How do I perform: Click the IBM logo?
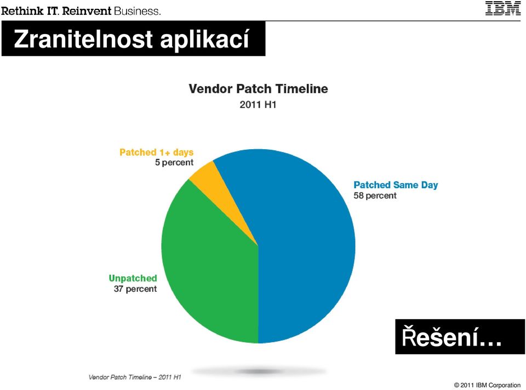(x=503, y=8)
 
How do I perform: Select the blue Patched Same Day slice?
(x=302, y=245)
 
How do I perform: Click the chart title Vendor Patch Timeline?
(x=258, y=89)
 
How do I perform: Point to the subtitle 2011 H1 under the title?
(x=258, y=105)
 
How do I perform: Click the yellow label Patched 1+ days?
(x=156, y=152)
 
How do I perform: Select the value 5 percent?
(x=174, y=162)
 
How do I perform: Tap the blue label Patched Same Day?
(x=396, y=185)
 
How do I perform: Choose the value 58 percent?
(x=375, y=195)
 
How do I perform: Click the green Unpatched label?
(x=133, y=279)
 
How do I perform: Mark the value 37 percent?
(x=135, y=289)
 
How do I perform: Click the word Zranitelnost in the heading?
(x=83, y=39)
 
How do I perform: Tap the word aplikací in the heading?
(x=204, y=39)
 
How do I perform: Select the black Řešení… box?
(x=460, y=337)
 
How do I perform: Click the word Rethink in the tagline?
(x=22, y=11)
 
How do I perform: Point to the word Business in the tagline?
(x=137, y=11)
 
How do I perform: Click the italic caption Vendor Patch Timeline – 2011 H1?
(x=135, y=377)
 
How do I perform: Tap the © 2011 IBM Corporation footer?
(x=488, y=385)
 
